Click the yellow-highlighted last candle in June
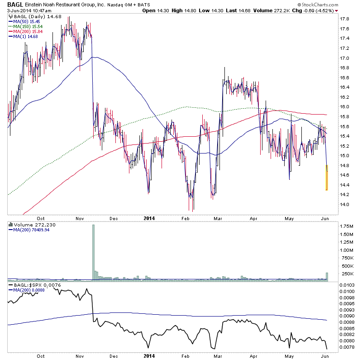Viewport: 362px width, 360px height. [327, 178]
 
